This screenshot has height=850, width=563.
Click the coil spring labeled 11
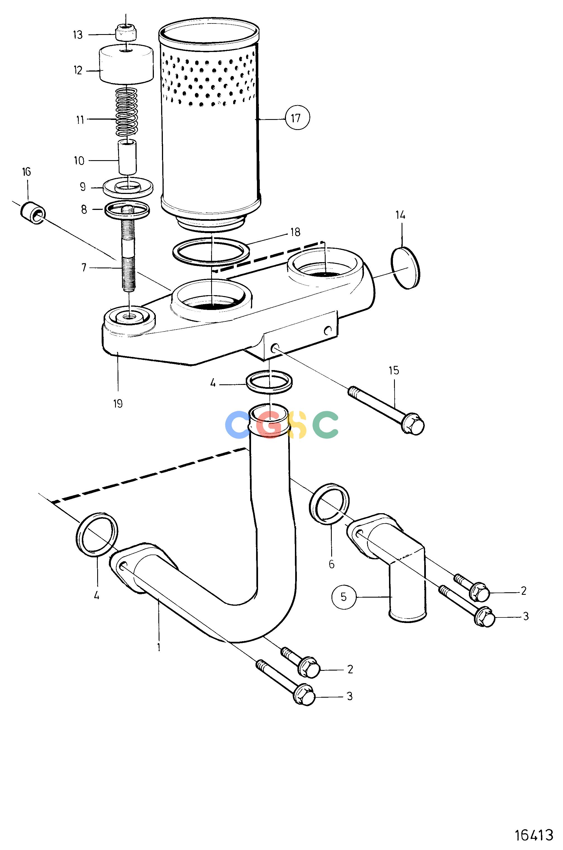[x=127, y=112]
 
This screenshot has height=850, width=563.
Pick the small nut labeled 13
[x=127, y=33]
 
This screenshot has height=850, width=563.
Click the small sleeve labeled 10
[x=127, y=157]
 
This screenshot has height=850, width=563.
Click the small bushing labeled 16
[x=33, y=214]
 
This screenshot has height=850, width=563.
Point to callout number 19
[x=118, y=404]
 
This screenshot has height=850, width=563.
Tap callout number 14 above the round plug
[x=400, y=215]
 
